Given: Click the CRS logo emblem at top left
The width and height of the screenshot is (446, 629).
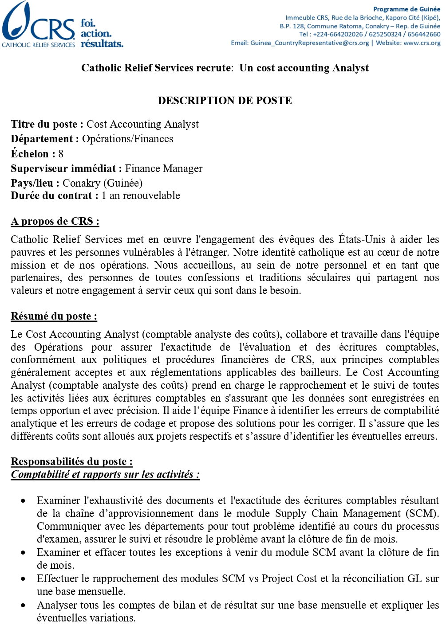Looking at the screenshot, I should pyautogui.click(x=18, y=22).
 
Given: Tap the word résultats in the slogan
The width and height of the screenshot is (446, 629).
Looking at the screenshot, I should pyautogui.click(x=102, y=43).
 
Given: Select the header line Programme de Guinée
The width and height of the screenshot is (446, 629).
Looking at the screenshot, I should pyautogui.click(x=407, y=9).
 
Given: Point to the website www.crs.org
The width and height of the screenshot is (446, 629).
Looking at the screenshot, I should pyautogui.click(x=422, y=43).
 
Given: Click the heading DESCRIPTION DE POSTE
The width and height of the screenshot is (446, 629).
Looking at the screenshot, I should pyautogui.click(x=225, y=101).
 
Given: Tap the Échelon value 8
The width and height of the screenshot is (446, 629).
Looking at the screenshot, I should pyautogui.click(x=61, y=154).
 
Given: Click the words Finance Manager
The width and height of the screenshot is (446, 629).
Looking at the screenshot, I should pyautogui.click(x=163, y=168).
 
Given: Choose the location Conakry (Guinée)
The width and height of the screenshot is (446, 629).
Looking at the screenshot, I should pyautogui.click(x=103, y=183).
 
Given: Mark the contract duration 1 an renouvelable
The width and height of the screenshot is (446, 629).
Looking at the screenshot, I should pyautogui.click(x=141, y=195).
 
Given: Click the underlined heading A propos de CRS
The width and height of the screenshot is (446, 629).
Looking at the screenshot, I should pyautogui.click(x=55, y=221).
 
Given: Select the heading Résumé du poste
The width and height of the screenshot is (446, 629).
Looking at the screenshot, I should pyautogui.click(x=54, y=316).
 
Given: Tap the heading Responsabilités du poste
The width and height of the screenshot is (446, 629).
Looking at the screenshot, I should pyautogui.click(x=71, y=461).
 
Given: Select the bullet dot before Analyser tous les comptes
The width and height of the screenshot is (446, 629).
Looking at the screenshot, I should pyautogui.click(x=23, y=606).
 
